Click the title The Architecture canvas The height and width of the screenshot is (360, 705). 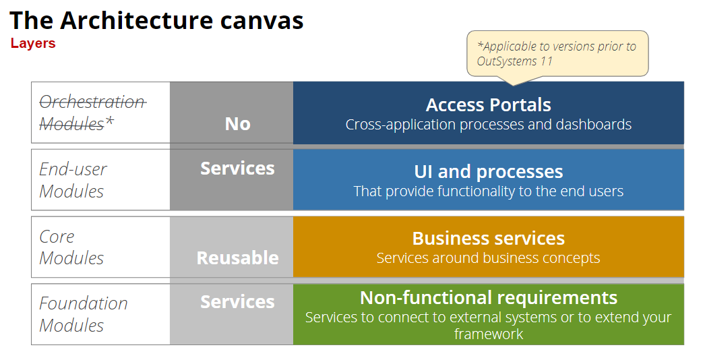click(x=156, y=20)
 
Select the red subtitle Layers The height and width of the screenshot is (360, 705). click(x=33, y=44)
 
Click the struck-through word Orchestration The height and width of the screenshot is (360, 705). click(x=92, y=102)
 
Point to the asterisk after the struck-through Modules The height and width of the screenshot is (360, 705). click(x=109, y=122)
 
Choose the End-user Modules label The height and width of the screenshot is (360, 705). click(x=73, y=180)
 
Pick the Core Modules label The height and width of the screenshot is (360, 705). click(x=71, y=247)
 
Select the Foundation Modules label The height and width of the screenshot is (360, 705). click(x=83, y=314)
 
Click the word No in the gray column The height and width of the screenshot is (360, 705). click(x=237, y=124)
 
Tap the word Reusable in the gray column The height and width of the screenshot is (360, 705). click(x=237, y=258)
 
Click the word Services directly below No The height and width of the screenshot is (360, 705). click(x=237, y=169)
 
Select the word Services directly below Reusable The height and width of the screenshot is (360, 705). click(x=237, y=302)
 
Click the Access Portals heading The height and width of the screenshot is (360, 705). click(x=488, y=105)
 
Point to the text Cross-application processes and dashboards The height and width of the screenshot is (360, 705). click(x=488, y=125)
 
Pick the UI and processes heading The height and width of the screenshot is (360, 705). click(x=488, y=172)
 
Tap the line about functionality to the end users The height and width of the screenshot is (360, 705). click(x=488, y=191)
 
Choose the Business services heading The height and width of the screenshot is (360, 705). click(x=488, y=239)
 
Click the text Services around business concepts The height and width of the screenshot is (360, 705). click(x=488, y=258)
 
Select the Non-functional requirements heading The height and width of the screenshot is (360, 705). click(x=488, y=298)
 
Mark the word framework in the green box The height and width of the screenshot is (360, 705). click(x=488, y=334)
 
